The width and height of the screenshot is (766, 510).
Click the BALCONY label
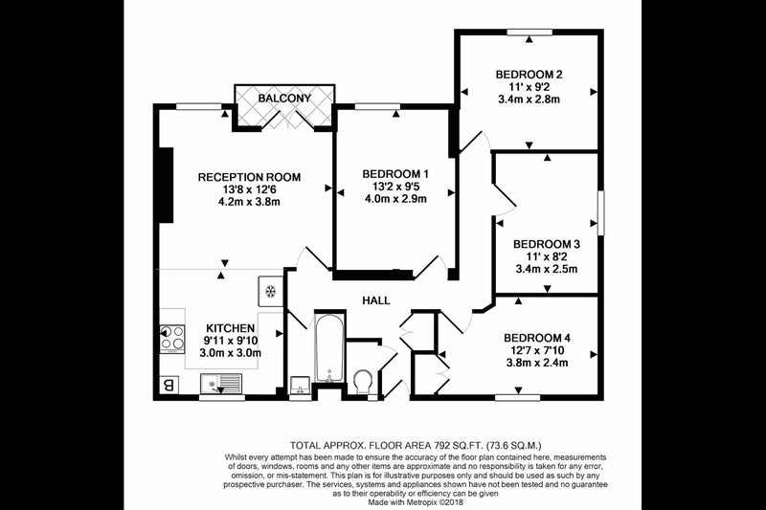click(x=284, y=99)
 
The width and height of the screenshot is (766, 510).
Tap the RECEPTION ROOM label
click(x=249, y=177)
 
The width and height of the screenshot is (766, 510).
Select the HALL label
click(x=376, y=300)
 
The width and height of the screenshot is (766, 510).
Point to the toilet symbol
click(x=363, y=381)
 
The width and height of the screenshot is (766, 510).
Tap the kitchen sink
click(x=221, y=383)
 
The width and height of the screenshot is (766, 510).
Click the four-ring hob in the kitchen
click(x=172, y=338)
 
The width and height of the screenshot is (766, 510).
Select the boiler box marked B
click(x=169, y=386)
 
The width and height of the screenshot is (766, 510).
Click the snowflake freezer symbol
click(x=270, y=291)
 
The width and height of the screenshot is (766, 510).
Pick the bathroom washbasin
click(x=299, y=385)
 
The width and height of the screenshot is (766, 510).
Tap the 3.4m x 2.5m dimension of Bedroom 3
click(x=547, y=269)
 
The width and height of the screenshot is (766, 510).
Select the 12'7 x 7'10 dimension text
click(x=537, y=350)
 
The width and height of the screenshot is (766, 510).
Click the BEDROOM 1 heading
click(x=395, y=174)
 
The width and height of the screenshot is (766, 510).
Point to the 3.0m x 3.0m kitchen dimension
click(x=230, y=353)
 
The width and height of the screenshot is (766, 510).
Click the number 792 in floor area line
click(x=442, y=445)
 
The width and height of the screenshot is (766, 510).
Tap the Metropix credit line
click(x=416, y=502)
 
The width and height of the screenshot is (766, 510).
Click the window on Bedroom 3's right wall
click(x=601, y=212)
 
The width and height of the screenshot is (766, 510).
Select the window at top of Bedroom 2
click(x=529, y=33)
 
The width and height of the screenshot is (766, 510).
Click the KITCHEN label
click(x=230, y=328)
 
